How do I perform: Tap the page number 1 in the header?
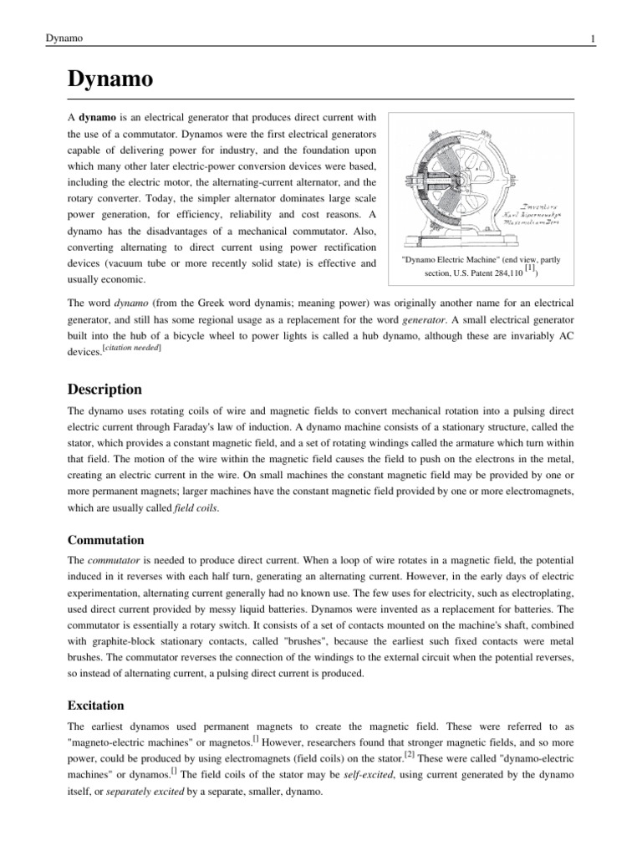coord(592,38)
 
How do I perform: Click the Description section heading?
coord(104,390)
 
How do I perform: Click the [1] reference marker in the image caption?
coord(529,268)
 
